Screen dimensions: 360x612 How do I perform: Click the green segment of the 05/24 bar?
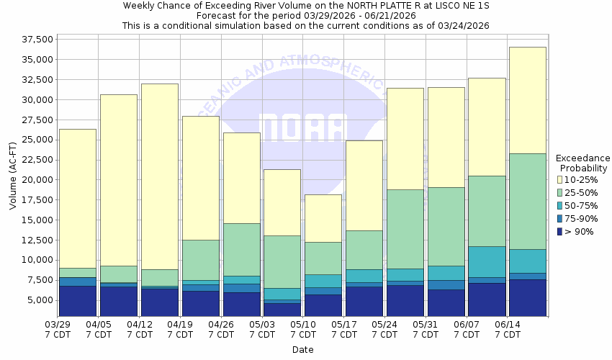404,229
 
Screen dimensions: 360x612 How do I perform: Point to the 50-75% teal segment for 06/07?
486,261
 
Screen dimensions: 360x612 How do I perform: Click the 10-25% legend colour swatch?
561,179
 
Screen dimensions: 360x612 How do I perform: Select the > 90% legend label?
580,231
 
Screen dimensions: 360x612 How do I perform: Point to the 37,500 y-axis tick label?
35,39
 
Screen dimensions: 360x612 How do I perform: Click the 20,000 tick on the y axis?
35,180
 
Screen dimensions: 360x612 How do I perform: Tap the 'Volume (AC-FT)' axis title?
13,176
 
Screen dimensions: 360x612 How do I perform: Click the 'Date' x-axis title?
302,350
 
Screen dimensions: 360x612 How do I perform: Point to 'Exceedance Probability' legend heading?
582,163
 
